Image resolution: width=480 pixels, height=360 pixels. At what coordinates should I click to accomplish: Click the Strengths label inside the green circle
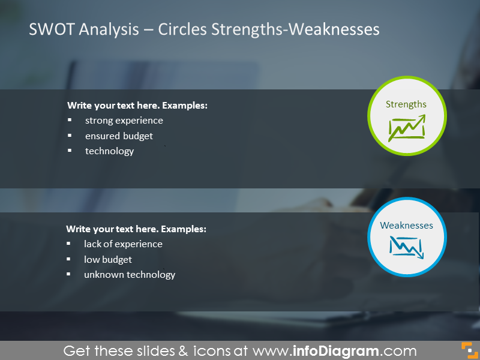(406, 104)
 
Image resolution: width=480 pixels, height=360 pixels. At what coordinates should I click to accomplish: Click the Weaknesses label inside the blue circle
(406, 226)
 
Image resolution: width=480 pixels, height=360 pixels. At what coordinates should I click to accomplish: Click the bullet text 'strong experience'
(124, 121)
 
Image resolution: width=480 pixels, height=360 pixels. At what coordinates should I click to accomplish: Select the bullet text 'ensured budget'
(119, 136)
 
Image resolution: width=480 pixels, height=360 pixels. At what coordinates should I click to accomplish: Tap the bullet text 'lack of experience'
(123, 244)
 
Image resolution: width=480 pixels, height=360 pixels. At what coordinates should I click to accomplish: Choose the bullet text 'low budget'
(108, 260)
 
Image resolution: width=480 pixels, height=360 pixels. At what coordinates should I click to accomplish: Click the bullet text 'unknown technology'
(130, 275)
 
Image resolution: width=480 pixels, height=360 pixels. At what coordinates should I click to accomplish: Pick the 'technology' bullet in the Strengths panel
(109, 151)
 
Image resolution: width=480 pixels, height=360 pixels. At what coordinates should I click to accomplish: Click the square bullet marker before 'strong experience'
(70, 121)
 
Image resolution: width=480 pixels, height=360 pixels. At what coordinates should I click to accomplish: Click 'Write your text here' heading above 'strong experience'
(137, 106)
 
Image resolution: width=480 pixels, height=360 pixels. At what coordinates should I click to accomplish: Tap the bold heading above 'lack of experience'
(136, 229)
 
